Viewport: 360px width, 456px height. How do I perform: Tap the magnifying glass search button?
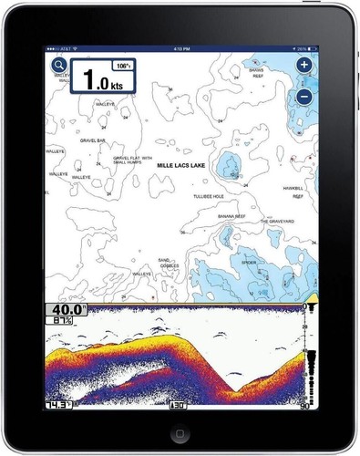tap(59, 66)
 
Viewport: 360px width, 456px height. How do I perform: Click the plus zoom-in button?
tap(304, 66)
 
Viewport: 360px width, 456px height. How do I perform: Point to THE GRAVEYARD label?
tap(278, 222)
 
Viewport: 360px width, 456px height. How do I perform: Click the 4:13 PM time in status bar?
tap(180, 45)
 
